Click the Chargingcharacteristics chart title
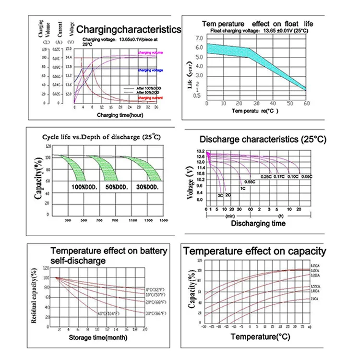(129, 30)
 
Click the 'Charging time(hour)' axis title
(120, 116)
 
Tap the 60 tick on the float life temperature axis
(305, 104)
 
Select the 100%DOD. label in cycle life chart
(84, 187)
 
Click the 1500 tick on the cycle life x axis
(164, 219)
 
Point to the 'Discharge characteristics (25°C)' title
(263, 140)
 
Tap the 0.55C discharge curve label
(250, 181)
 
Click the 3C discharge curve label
(220, 195)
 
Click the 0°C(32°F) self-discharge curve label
(156, 290)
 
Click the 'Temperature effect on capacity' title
(254, 252)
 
